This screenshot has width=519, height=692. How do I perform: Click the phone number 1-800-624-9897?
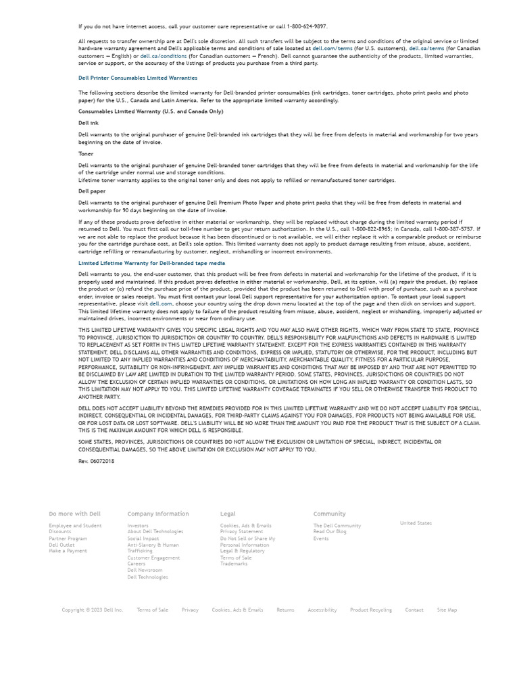[x=307, y=26]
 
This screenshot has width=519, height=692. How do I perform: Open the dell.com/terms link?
[x=332, y=49]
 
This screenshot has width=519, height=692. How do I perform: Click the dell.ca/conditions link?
[x=163, y=56]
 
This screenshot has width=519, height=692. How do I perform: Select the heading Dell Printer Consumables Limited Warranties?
[x=138, y=78]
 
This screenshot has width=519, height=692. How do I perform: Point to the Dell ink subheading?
[x=89, y=123]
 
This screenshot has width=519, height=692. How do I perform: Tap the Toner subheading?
[x=86, y=153]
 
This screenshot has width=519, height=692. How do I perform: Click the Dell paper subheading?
[x=92, y=191]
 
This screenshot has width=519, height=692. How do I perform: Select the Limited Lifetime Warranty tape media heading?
[x=151, y=263]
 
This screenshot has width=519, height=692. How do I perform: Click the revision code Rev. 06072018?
[x=96, y=461]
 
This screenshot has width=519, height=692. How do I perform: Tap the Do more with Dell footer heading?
[x=74, y=514]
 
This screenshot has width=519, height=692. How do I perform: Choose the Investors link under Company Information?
[x=138, y=526]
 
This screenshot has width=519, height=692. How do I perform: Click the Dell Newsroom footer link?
[x=145, y=570]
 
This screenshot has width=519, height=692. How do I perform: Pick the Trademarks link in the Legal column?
[x=234, y=564]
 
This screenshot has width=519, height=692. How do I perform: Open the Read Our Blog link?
[x=330, y=532]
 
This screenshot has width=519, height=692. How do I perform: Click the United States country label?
[x=416, y=523]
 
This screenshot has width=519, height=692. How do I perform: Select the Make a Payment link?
[x=68, y=551]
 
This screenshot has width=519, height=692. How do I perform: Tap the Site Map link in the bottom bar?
[x=447, y=610]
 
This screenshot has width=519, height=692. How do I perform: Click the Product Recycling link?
[x=370, y=610]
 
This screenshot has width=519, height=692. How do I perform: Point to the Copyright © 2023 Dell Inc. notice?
[x=93, y=610]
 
